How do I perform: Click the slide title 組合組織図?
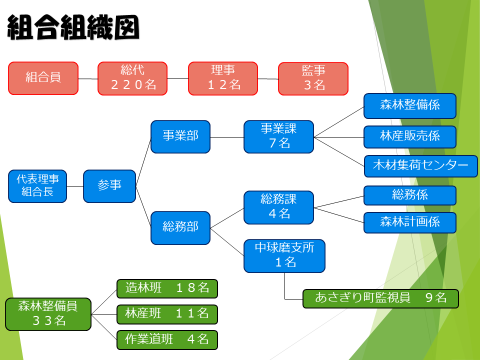click(x=73, y=27)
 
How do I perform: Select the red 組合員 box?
click(x=43, y=78)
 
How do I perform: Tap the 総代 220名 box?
click(x=132, y=78)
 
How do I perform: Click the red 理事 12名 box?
click(x=223, y=78)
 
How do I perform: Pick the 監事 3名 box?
click(x=313, y=78)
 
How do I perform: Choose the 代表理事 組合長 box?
click(x=37, y=186)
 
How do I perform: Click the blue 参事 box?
click(x=109, y=186)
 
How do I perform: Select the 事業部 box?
click(x=180, y=136)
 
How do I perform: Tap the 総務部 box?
click(x=180, y=227)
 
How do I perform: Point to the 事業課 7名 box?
click(x=278, y=136)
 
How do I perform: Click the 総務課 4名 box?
click(x=278, y=207)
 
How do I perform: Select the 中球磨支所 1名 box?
click(x=284, y=255)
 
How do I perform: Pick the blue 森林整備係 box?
click(x=410, y=106)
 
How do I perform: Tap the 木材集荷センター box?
click(x=420, y=166)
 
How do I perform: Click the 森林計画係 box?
click(x=410, y=222)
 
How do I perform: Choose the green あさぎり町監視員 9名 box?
click(x=380, y=298)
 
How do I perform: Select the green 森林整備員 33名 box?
click(x=48, y=314)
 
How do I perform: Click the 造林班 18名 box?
click(x=167, y=288)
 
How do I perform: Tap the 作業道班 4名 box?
click(x=167, y=339)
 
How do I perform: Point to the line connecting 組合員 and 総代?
click(x=88, y=78)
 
